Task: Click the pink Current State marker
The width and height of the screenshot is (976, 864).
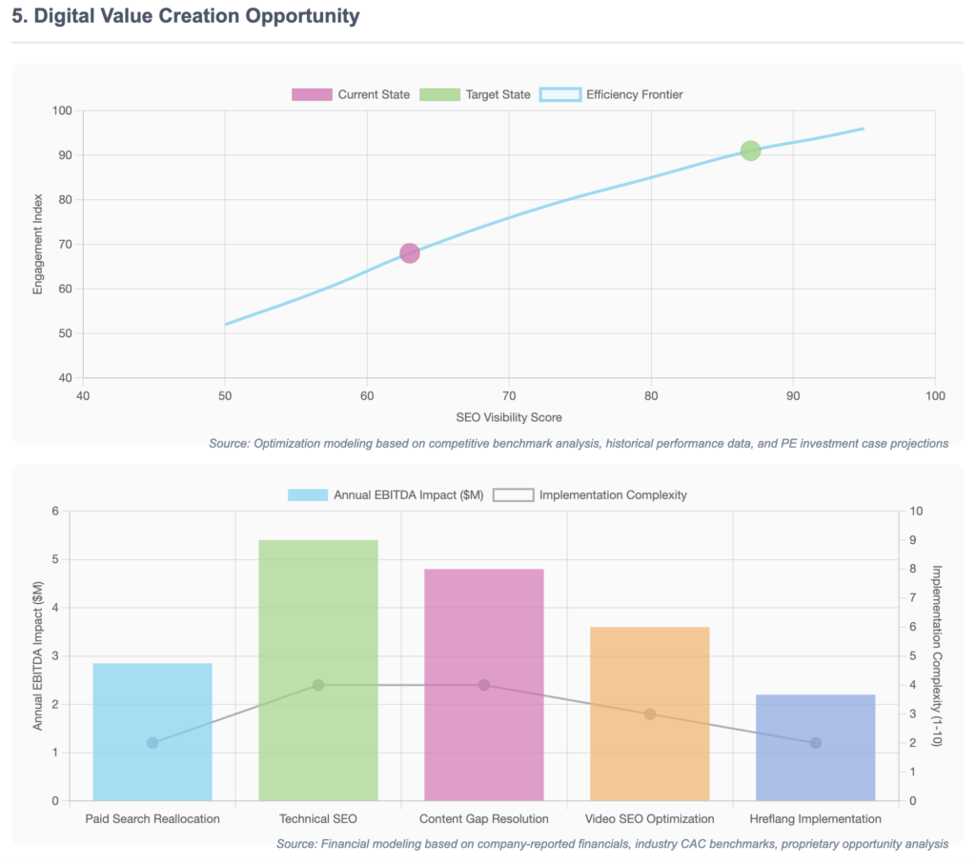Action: tap(410, 252)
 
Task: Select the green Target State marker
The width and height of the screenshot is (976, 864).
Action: tap(750, 151)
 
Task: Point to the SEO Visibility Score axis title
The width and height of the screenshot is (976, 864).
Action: tap(509, 417)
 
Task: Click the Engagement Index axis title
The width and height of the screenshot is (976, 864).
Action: tap(38, 244)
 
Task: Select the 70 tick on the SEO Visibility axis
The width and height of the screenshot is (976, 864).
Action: tap(509, 396)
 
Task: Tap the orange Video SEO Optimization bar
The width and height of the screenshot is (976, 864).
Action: tap(649, 713)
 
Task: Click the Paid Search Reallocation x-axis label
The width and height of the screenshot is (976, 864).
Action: tap(152, 818)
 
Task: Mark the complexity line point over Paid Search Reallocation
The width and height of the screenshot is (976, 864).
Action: tap(152, 743)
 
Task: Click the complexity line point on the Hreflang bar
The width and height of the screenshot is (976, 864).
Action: tap(815, 743)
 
